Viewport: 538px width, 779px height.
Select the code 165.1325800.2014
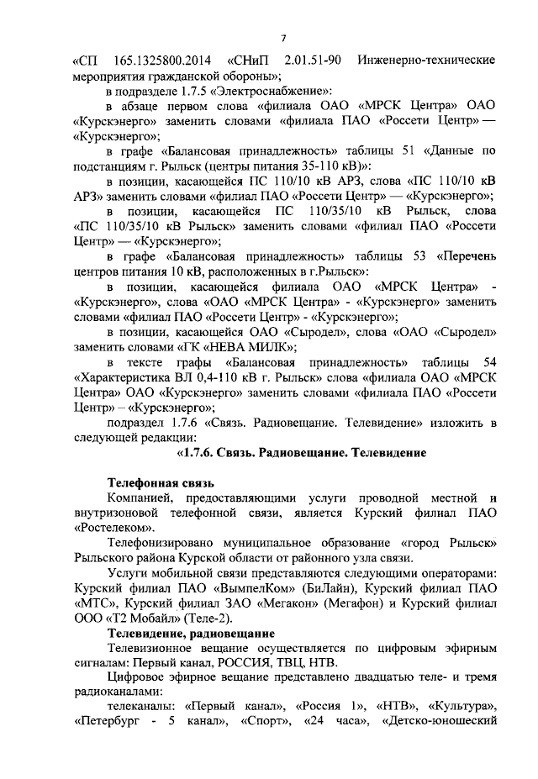159,61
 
